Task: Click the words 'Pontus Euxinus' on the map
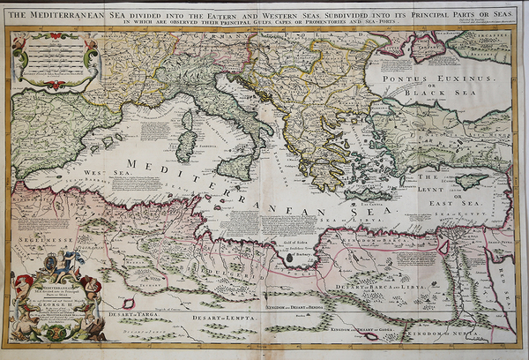point(431,77)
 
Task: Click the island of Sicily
point(235,167)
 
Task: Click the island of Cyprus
point(473,180)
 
